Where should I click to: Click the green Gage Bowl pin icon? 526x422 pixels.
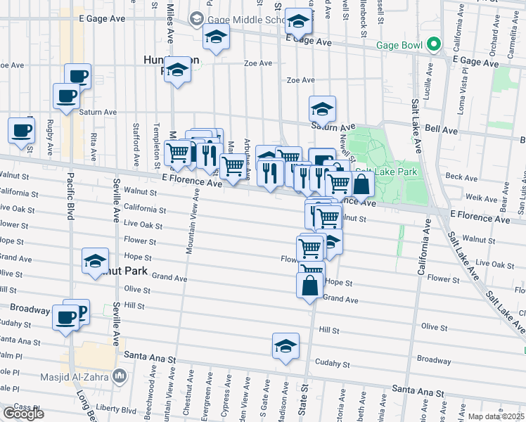(x=435, y=46)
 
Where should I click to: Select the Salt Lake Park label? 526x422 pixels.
(x=386, y=172)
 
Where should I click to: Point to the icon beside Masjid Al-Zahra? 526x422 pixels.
(x=120, y=376)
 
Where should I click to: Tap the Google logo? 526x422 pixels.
(x=23, y=413)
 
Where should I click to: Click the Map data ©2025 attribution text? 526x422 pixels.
(x=496, y=416)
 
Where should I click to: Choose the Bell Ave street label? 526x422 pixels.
(x=442, y=131)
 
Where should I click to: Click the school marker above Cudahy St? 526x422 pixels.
(x=285, y=346)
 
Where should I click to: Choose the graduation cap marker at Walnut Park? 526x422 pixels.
(x=95, y=261)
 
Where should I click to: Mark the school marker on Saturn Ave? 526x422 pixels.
(x=322, y=109)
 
